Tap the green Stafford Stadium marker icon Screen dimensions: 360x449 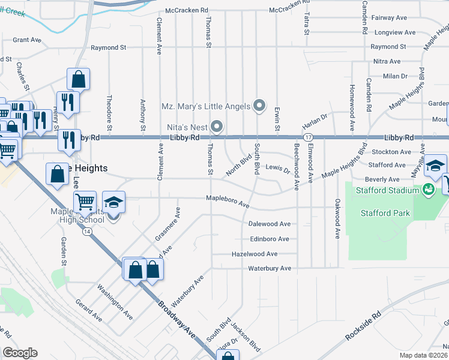pos(428,190)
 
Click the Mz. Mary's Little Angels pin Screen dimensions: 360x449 pos(259,106)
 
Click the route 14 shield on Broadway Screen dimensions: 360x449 pos(88,232)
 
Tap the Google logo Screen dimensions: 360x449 pos(20,353)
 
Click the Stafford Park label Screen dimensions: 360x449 pos(385,213)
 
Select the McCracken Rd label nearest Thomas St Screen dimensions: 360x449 pos(187,10)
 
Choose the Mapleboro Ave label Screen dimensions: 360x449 pos(228,201)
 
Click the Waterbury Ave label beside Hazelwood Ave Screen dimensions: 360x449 pos(270,268)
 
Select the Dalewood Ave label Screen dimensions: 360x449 pos(270,224)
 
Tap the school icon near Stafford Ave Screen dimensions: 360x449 pos(435,166)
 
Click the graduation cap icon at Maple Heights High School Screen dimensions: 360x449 pos(113,203)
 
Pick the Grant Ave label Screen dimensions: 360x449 pos(27,40)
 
